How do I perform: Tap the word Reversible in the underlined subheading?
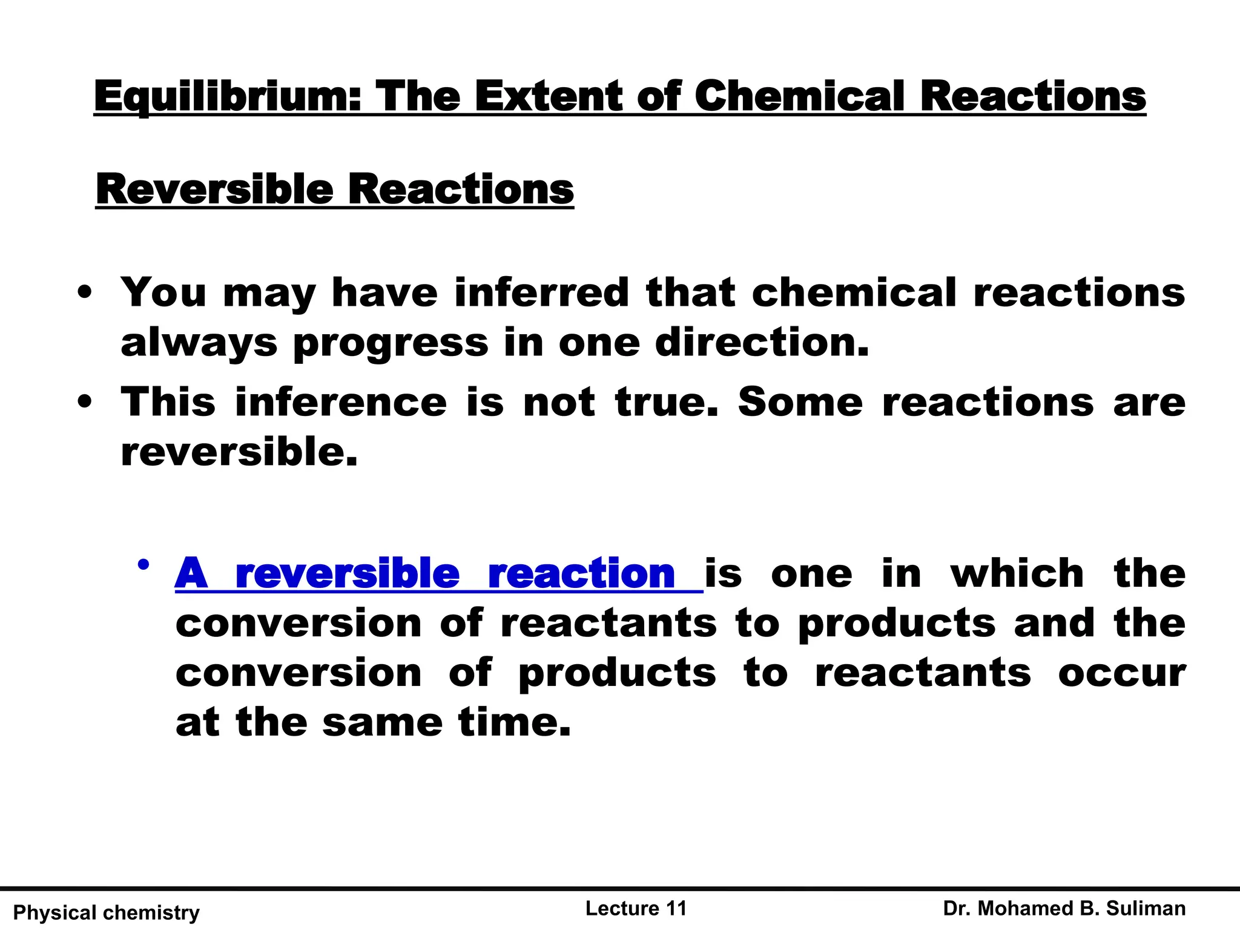coord(214,190)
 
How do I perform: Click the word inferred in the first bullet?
coord(542,292)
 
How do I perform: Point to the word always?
coord(199,343)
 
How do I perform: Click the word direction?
coord(762,342)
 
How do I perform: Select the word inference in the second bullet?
coord(341,402)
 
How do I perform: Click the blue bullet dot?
coord(143,566)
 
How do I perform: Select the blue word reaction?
coord(581,573)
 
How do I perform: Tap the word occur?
coord(1122,673)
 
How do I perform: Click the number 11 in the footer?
coord(676,908)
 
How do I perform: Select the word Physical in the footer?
coord(54,912)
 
